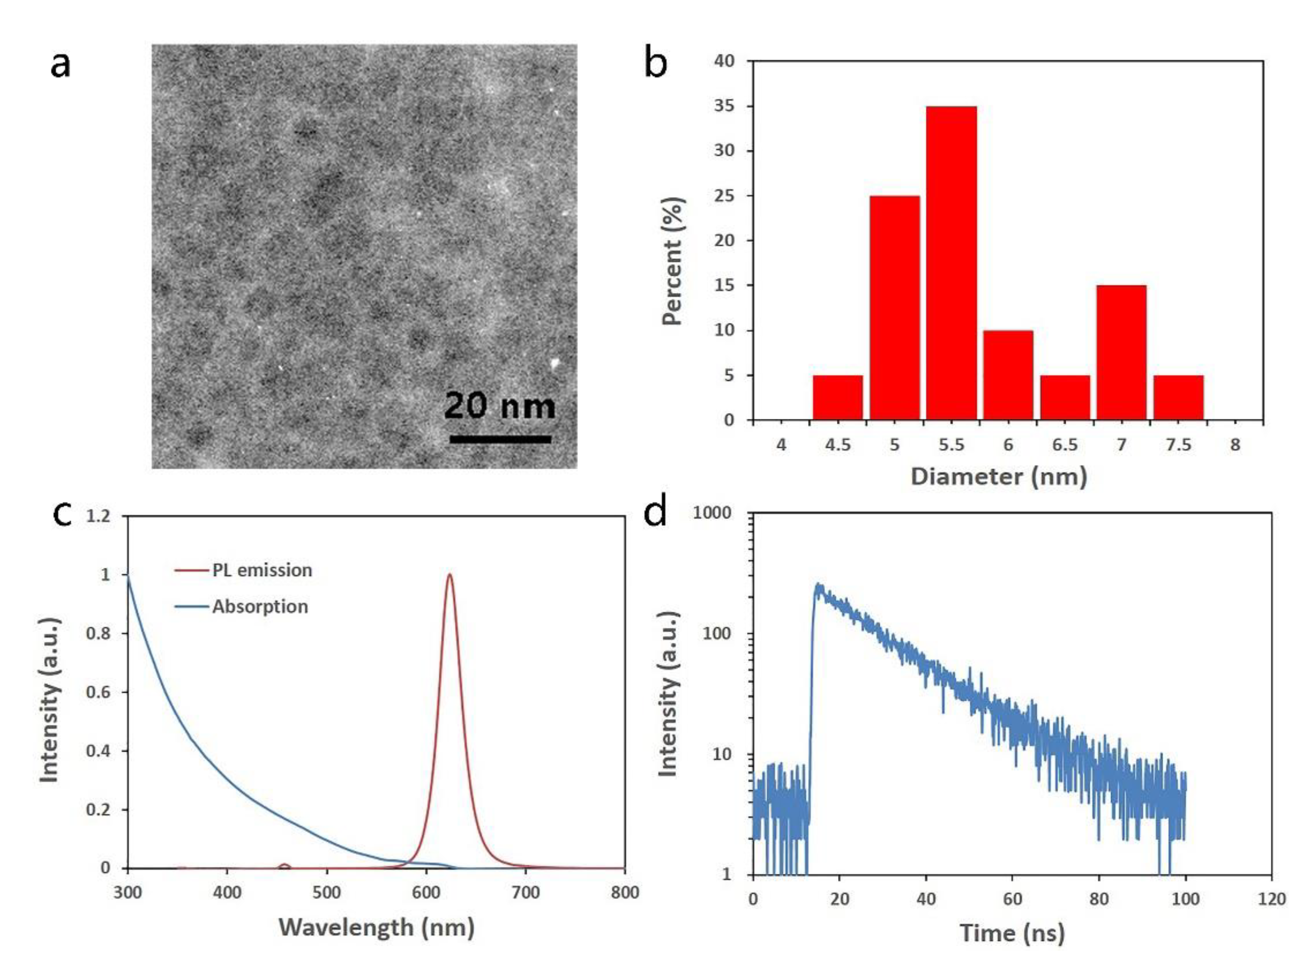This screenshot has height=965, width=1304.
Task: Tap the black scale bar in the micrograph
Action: pos(500,439)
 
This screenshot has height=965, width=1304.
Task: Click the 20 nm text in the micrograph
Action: pos(500,406)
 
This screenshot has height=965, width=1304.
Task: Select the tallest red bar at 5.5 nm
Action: pos(951,263)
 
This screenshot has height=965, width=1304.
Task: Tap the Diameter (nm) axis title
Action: pos(999,477)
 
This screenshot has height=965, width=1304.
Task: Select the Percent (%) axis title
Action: pos(673,261)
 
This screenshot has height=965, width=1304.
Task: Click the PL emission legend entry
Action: pos(261,570)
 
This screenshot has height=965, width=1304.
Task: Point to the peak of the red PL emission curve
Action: pos(449,575)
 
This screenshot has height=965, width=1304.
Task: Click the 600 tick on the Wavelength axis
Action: pos(426,893)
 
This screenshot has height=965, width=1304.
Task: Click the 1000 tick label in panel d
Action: pos(712,513)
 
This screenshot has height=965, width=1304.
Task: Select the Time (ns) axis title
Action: pos(1012,933)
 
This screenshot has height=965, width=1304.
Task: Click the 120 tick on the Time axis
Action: pos(1272,899)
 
